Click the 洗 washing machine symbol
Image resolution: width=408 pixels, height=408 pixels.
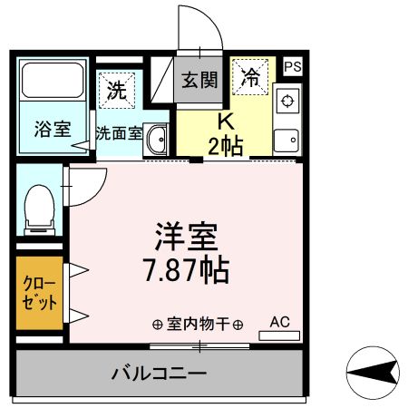(117, 89)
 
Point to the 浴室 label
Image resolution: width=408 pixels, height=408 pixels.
(51, 127)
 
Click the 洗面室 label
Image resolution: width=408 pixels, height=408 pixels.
(119, 132)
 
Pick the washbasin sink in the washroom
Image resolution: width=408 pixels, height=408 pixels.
(157, 140)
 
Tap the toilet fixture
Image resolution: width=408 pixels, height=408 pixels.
(39, 208)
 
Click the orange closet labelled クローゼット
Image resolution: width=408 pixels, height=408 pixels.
(38, 294)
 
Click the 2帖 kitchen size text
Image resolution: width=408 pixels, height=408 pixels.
(225, 146)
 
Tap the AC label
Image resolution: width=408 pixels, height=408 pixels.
(279, 321)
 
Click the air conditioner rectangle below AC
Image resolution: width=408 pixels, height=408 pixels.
(279, 335)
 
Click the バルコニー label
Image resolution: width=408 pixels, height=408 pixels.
(160, 373)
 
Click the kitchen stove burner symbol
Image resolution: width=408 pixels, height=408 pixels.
(287, 100)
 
